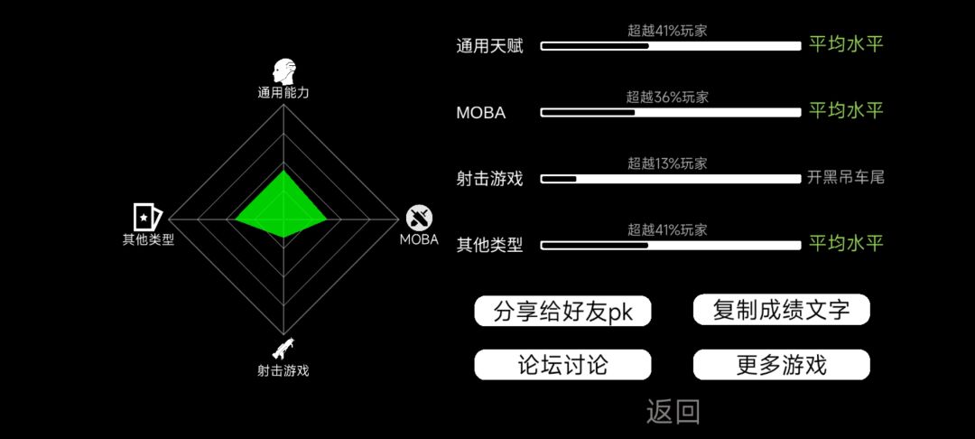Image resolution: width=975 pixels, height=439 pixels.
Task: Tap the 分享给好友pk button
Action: (x=562, y=311)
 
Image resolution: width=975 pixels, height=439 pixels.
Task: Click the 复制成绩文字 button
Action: (x=781, y=310)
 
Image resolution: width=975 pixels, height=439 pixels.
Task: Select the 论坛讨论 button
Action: (x=562, y=364)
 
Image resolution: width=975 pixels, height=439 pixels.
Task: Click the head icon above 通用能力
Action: (x=283, y=72)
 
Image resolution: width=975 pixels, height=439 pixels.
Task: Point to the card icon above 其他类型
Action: (x=147, y=217)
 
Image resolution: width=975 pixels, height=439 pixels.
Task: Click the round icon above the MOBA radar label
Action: (x=420, y=219)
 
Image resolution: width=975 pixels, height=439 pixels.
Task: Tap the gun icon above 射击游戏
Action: (x=283, y=349)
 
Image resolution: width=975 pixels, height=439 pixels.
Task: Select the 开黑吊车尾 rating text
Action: (x=846, y=179)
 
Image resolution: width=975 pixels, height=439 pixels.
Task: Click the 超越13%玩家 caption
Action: (x=667, y=164)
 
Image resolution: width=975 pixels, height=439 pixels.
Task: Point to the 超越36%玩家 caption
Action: (x=667, y=98)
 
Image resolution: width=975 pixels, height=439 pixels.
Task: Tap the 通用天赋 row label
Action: (x=490, y=47)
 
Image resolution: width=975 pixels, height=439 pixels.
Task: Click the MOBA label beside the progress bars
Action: (x=480, y=113)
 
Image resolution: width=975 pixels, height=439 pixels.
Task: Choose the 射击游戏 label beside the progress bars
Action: (x=490, y=179)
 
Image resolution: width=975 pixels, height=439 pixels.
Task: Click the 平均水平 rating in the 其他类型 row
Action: (x=846, y=244)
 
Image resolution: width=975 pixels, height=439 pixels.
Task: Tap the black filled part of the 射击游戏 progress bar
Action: (x=559, y=179)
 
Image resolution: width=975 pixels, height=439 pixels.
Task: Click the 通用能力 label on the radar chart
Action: (x=283, y=93)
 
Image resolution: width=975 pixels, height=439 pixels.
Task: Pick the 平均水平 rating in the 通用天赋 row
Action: (x=846, y=44)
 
